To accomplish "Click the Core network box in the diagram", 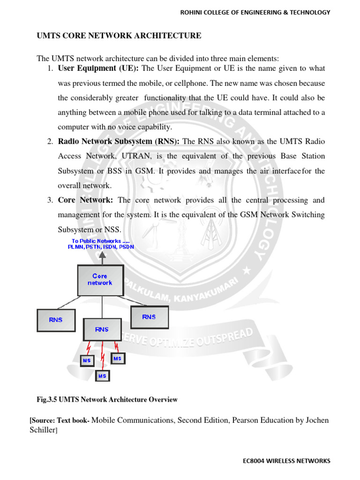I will pos(100,280).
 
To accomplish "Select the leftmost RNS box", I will pos(55,320).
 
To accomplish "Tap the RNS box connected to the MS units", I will pos(102,330).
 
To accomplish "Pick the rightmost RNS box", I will pos(149,317).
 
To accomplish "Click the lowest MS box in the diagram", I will pos(102,376).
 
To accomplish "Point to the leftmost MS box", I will pos(87,360).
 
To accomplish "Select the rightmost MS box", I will pos(117,359).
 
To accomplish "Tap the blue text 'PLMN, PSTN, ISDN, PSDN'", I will pos(100,247).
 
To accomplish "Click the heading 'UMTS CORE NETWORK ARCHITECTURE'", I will pos(119,36).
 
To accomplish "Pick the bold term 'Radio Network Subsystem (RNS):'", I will pos(120,142).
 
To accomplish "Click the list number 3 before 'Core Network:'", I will pos(49,200).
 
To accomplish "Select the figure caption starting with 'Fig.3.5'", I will pos(107,400).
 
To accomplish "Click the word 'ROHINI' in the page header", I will pos(193,12).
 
